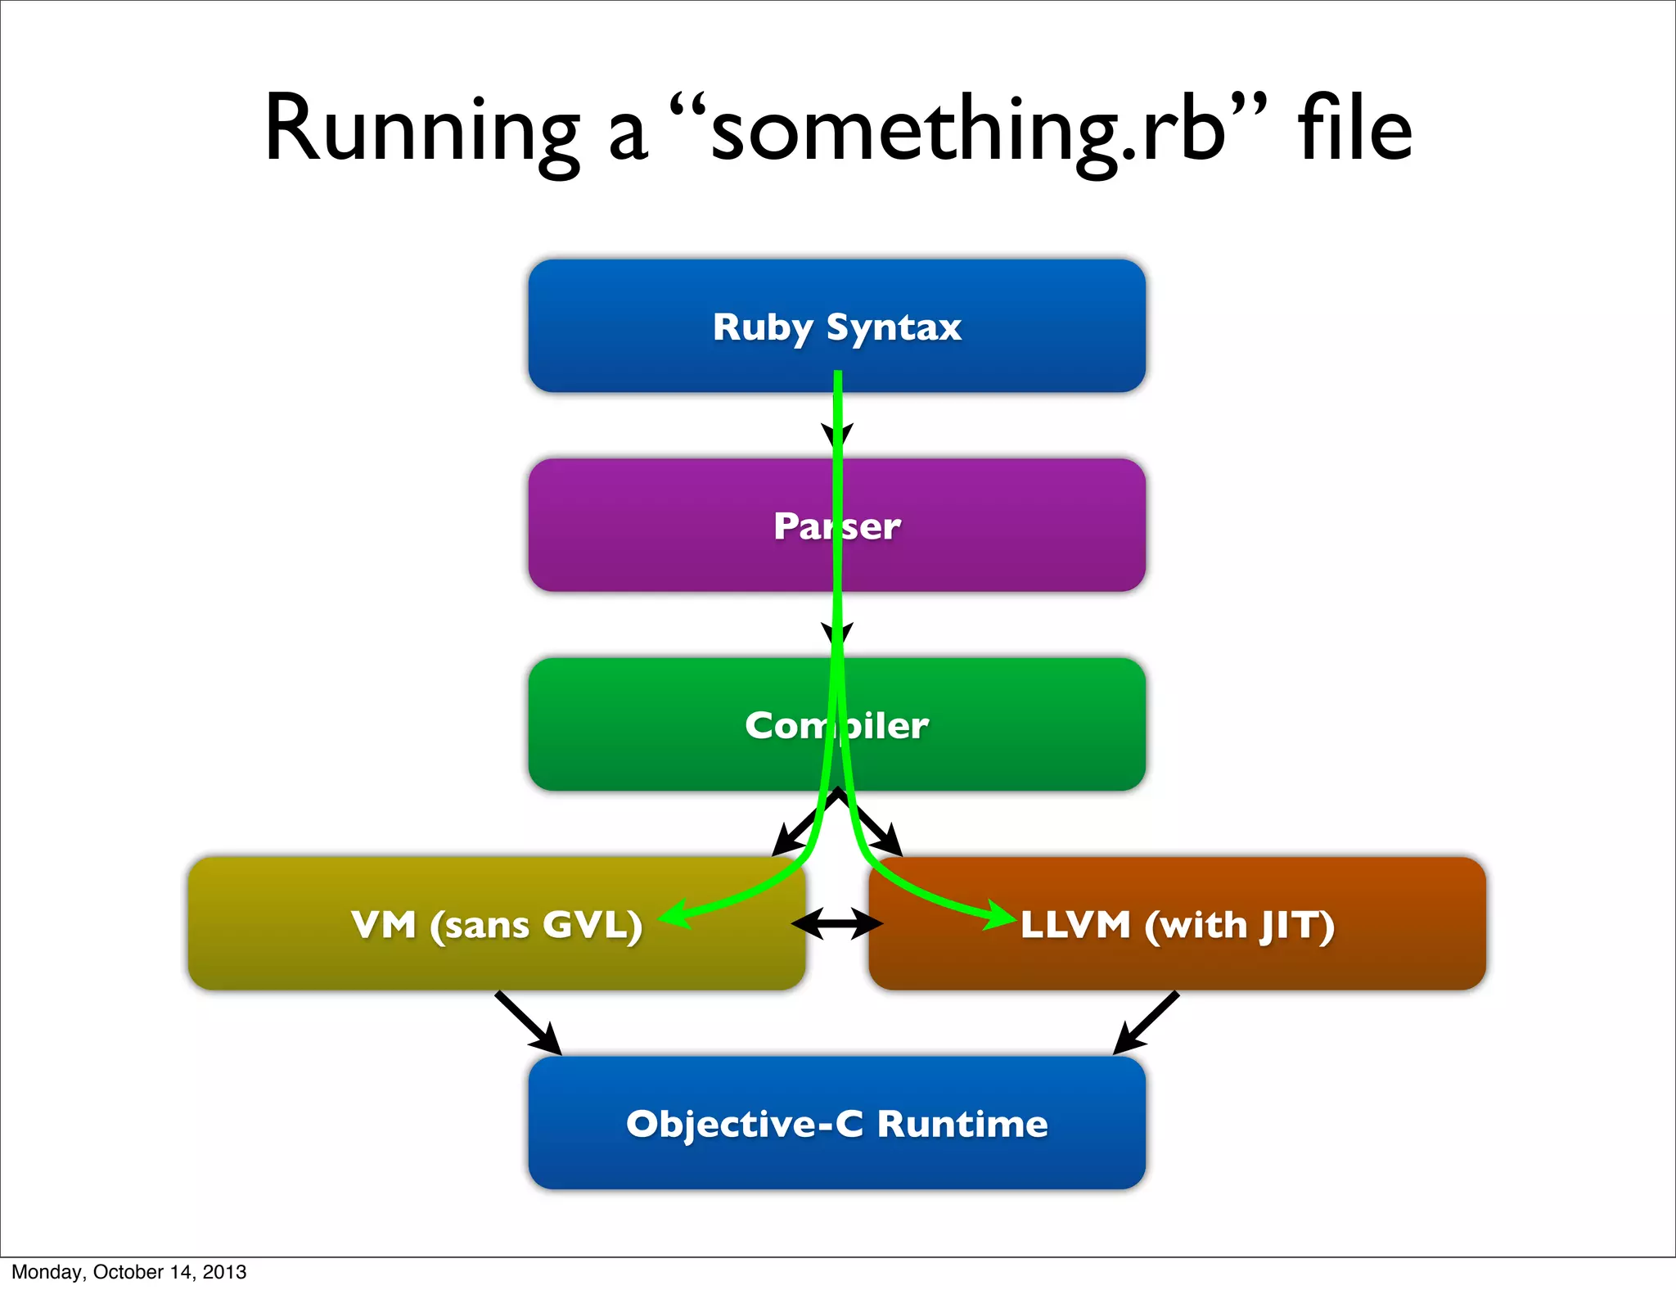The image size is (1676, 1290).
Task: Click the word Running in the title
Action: click(x=421, y=131)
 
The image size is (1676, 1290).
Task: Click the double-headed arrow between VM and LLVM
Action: click(x=837, y=924)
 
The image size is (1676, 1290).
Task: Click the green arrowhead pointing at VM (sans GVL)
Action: click(x=674, y=915)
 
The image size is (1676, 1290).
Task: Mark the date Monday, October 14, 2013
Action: click(x=128, y=1272)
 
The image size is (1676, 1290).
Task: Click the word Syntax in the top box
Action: click(x=893, y=327)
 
